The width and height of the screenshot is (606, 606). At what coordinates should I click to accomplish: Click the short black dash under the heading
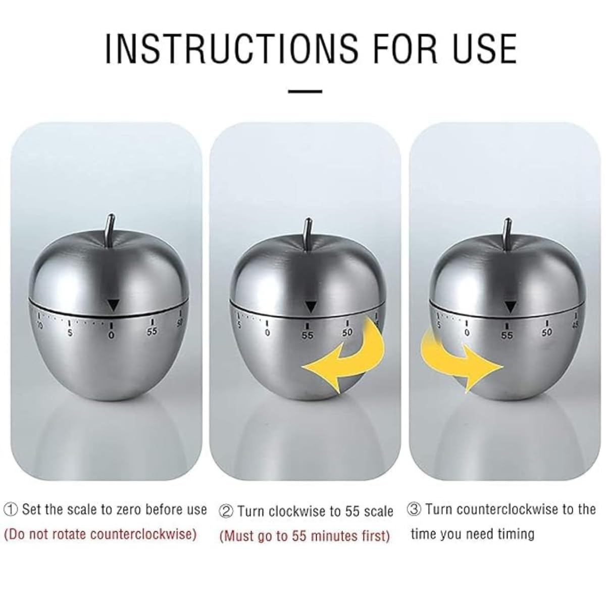point(305,91)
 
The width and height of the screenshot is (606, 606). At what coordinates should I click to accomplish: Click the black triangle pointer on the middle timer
point(310,306)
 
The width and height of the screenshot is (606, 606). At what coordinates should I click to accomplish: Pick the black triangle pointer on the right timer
point(511,306)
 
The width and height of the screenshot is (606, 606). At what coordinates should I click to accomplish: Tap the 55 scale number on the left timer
point(152,332)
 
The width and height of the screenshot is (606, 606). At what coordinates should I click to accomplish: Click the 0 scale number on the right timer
point(467,333)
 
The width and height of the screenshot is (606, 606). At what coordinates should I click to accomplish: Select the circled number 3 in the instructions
point(414,509)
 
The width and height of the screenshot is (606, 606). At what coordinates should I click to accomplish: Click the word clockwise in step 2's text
point(298,511)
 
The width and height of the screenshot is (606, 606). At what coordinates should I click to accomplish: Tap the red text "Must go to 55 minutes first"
point(305,536)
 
